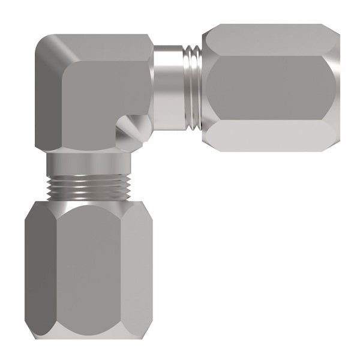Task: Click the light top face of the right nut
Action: click(270, 39)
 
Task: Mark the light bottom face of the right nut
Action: click(270, 135)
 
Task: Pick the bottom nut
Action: click(89, 270)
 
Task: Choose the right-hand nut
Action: click(270, 87)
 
